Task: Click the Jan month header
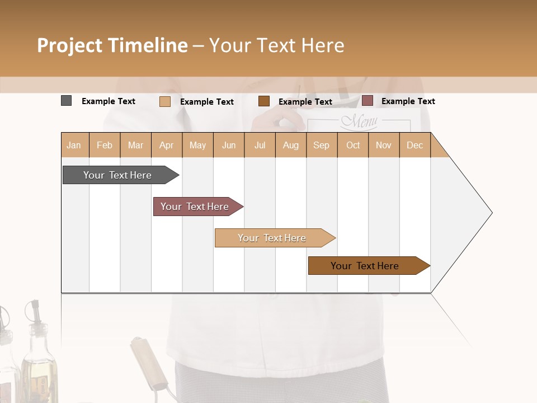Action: click(x=74, y=145)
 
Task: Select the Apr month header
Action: click(x=166, y=145)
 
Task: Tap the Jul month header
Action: click(x=260, y=145)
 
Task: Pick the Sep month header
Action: click(x=321, y=145)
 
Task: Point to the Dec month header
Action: click(x=414, y=145)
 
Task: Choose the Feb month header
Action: click(x=105, y=145)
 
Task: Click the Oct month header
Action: click(x=353, y=145)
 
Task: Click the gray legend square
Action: click(x=66, y=101)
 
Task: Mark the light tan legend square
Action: click(x=164, y=101)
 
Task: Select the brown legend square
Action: click(x=264, y=101)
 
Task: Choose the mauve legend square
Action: click(x=367, y=101)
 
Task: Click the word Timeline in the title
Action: click(x=148, y=45)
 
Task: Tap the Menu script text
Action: click(x=359, y=121)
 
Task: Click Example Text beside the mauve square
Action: click(x=408, y=101)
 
